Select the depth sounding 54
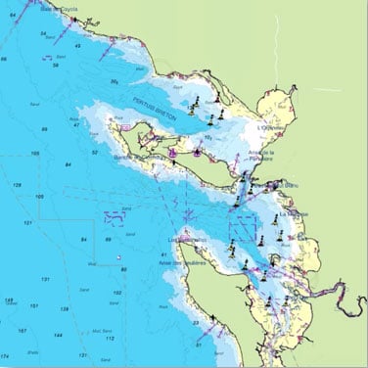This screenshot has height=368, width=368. (x=43, y=33)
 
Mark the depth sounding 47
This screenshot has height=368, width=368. (x=75, y=125)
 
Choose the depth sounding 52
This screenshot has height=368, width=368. (x=95, y=153)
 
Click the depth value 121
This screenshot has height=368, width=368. (x=28, y=222)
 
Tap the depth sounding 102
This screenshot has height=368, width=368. (x=118, y=294)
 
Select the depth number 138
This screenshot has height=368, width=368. (x=9, y=300)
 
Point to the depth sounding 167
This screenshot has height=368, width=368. (x=33, y=306)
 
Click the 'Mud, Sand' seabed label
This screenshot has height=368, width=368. (x=95, y=331)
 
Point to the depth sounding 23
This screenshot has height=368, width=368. (x=196, y=321)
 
